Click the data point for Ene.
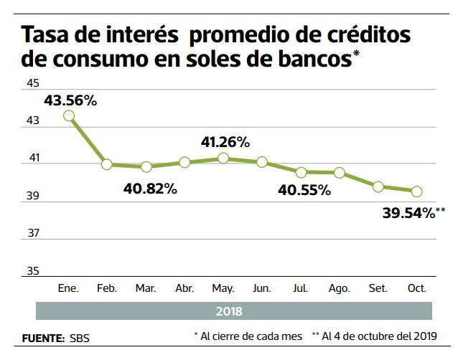coord(68,115)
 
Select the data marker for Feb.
coord(107,164)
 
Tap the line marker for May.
coord(223,158)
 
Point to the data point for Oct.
coord(416,191)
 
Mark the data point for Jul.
coord(301,172)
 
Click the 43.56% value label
coord(70,101)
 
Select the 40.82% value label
coord(150,189)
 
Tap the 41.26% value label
coord(225,142)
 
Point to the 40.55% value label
coord(304,191)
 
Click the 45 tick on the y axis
coord(32,84)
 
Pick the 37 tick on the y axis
coord(32,233)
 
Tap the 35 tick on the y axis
coord(32,271)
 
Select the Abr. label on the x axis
coord(184,288)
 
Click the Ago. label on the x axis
coord(339,288)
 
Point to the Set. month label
coord(378,288)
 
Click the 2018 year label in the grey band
coord(229,311)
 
